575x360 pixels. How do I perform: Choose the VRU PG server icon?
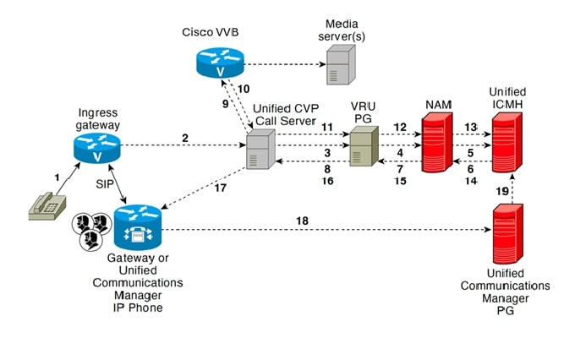362,147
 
